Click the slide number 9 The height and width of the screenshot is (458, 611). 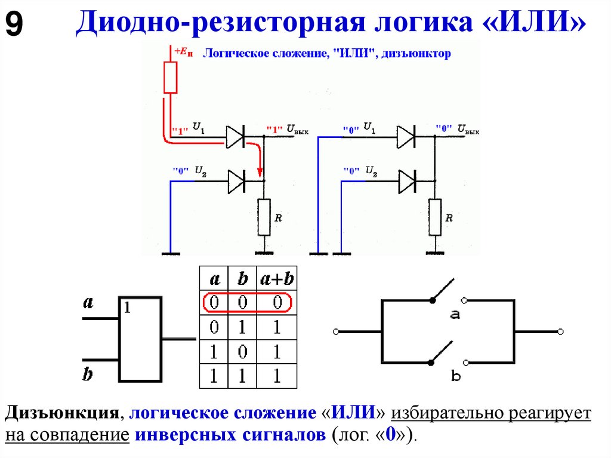(x=15, y=25)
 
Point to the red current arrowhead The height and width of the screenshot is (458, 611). (x=260, y=174)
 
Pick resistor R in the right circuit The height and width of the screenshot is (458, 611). (x=435, y=217)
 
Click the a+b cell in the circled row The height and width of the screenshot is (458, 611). (x=277, y=303)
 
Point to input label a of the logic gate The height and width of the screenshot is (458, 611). (x=88, y=303)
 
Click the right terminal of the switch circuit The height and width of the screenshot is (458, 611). (x=560, y=331)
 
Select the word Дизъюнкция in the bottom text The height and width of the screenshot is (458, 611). (x=60, y=413)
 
